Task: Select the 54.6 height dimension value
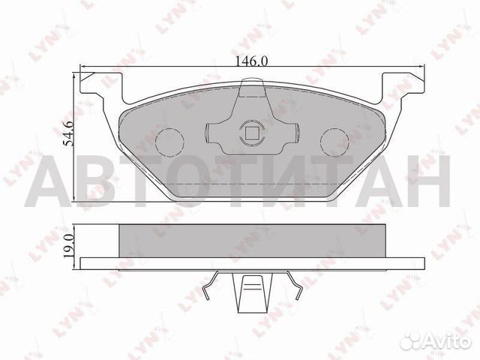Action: pos(67,134)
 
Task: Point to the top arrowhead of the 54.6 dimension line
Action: pos(74,75)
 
